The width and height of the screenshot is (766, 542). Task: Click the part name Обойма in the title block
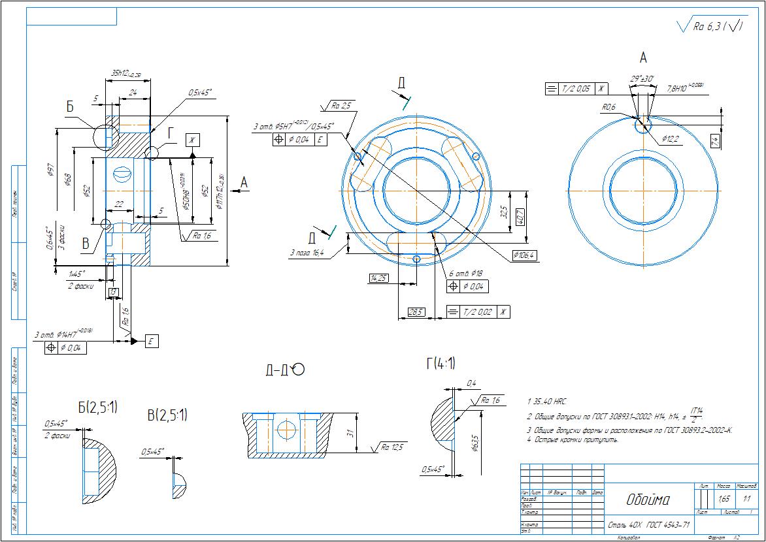pyautogui.click(x=648, y=501)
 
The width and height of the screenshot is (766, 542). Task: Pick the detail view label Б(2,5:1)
pyautogui.click(x=97, y=408)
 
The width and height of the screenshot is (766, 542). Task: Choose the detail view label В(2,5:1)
pyautogui.click(x=167, y=415)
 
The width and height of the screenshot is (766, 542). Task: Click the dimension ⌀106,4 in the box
pyautogui.click(x=524, y=255)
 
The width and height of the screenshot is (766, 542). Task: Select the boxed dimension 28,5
pyautogui.click(x=415, y=312)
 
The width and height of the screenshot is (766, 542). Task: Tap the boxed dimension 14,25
pyautogui.click(x=378, y=278)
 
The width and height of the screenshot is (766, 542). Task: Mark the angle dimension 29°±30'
pyautogui.click(x=643, y=79)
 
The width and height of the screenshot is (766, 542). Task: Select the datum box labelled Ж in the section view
pyautogui.click(x=192, y=140)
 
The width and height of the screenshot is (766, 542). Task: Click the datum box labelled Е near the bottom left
pyautogui.click(x=151, y=341)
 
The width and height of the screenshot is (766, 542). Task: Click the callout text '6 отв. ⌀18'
pyautogui.click(x=465, y=274)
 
